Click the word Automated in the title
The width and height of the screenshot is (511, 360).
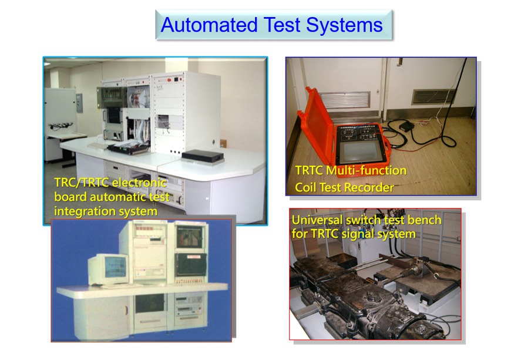point(209,25)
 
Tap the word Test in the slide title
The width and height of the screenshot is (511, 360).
point(281,25)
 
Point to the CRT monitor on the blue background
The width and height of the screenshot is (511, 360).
point(108,270)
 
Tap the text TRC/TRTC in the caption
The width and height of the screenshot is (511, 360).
point(82,183)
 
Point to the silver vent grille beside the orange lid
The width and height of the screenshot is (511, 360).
point(345,100)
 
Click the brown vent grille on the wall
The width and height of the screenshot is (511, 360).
point(433,96)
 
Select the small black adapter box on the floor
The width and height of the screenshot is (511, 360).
point(406,126)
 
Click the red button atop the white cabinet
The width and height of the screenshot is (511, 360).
point(169,80)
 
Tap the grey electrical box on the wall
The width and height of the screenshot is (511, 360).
point(79,103)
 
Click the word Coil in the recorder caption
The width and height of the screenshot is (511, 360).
point(305,187)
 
